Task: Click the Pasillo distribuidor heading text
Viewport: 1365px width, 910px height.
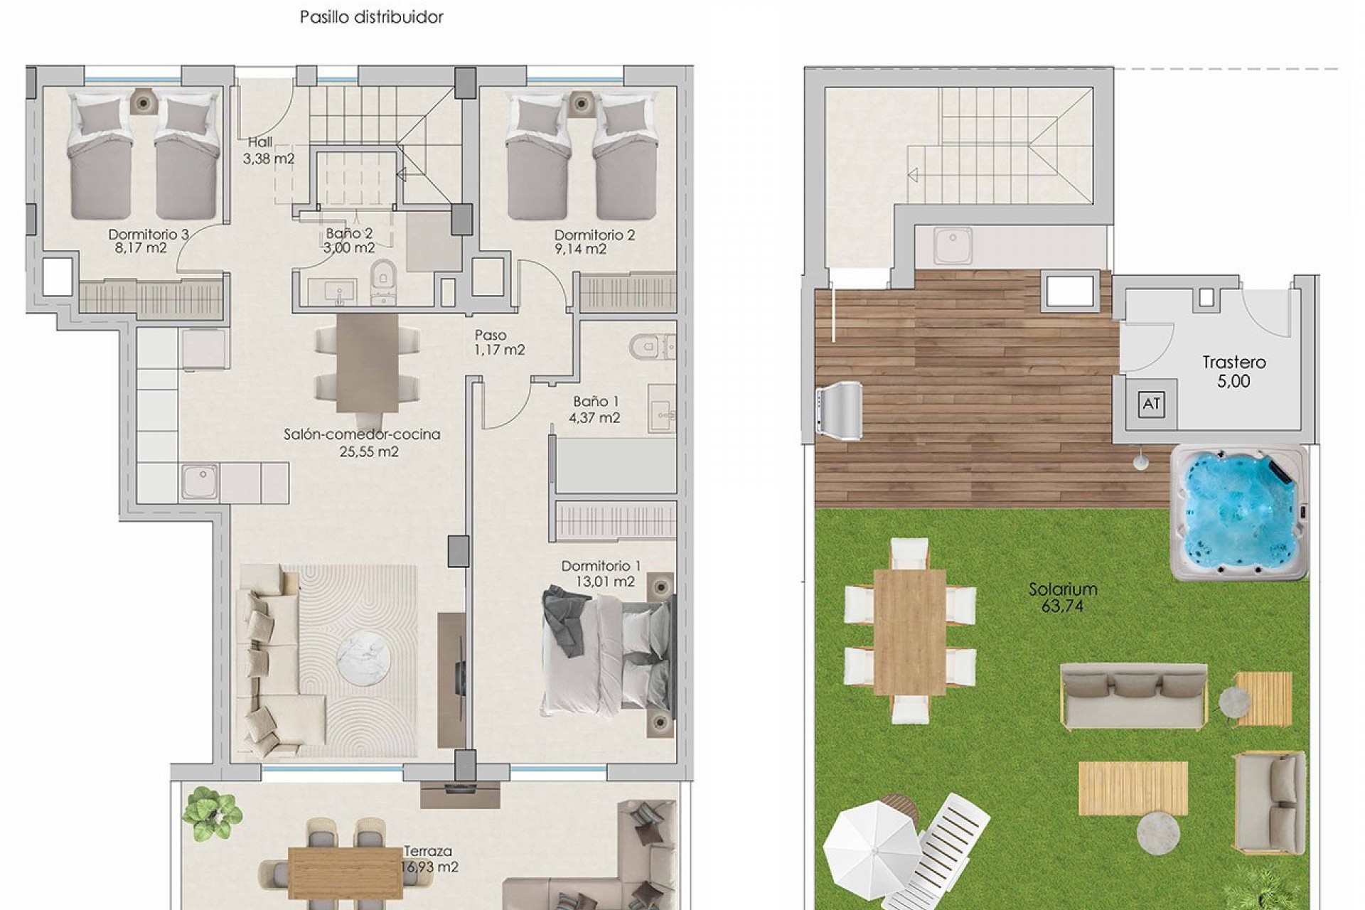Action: (371, 17)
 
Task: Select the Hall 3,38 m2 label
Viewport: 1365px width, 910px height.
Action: (268, 151)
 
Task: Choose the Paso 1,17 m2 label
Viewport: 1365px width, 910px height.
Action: (498, 342)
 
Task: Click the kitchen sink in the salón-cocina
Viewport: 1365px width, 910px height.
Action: (200, 481)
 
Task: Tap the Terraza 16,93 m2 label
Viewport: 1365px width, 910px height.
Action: (429, 859)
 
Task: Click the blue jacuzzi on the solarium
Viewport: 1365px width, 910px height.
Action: (1238, 513)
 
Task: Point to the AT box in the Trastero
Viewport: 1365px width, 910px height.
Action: (1151, 405)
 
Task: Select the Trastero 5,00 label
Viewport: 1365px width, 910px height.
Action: (1233, 372)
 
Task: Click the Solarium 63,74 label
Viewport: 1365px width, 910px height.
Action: (1063, 597)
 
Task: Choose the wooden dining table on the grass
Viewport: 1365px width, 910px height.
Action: (911, 631)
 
